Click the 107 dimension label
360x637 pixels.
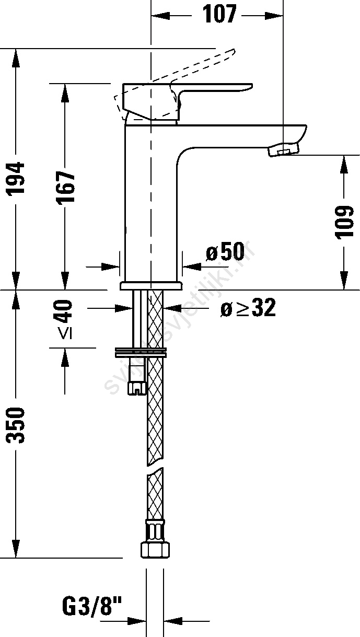[219, 15]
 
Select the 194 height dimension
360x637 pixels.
[17, 179]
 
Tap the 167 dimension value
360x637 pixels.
[66, 186]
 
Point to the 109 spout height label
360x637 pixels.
[345, 222]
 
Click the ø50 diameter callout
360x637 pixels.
[225, 253]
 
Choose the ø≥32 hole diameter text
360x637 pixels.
[247, 309]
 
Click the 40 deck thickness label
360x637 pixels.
[65, 311]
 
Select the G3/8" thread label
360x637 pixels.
[91, 608]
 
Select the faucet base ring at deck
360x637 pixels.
[150, 285]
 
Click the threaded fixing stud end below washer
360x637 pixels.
[137, 388]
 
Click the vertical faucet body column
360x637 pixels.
[150, 204]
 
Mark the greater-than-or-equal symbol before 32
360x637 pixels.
[242, 309]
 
